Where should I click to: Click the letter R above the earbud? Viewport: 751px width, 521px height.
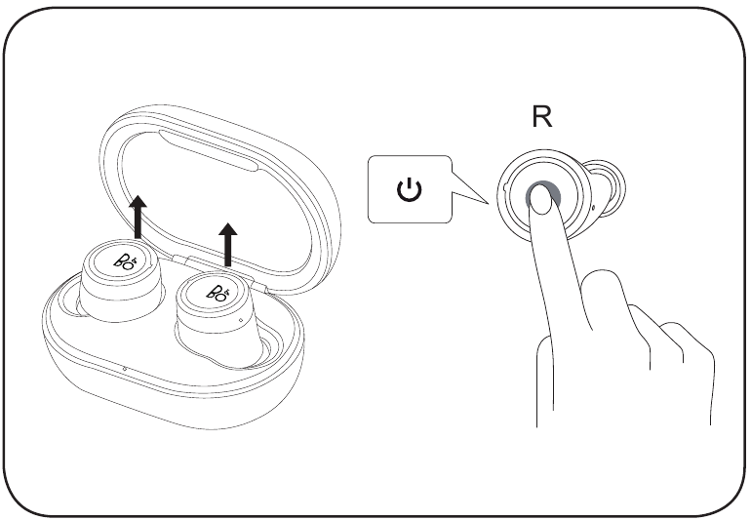tap(542, 118)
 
